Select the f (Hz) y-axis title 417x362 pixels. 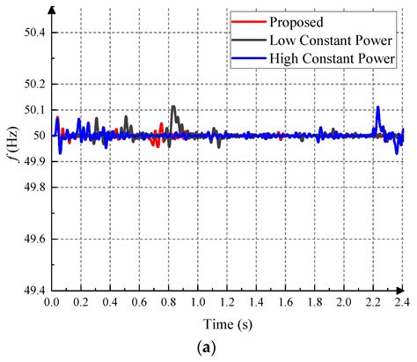tap(12, 161)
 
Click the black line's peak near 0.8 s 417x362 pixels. tap(173, 107)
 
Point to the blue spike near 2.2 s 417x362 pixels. tap(377, 107)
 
